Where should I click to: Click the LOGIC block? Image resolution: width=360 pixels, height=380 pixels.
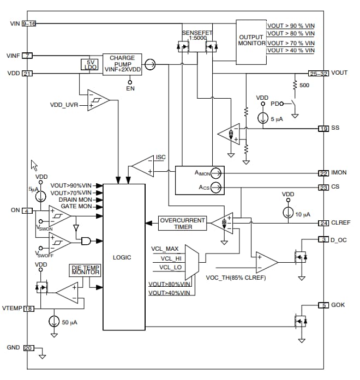coord(124,256)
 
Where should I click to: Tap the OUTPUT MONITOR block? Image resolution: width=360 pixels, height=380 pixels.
coord(251,40)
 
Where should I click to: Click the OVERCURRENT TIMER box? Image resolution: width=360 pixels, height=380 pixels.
coord(183,223)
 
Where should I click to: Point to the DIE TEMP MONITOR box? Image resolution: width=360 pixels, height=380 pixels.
coord(85,270)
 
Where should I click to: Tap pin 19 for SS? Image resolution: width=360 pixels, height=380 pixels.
coord(324,129)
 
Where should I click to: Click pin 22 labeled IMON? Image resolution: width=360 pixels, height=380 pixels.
coord(324,173)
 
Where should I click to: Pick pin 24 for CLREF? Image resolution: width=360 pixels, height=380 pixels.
coord(324,222)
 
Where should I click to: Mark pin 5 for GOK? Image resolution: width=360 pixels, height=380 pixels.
coord(324,305)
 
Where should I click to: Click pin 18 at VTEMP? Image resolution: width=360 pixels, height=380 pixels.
coord(28,309)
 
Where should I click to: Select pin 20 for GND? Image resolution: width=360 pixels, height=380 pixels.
coord(28,348)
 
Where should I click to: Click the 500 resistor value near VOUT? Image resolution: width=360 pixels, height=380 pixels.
coord(304,86)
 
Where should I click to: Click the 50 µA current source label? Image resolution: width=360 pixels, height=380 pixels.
coord(69,322)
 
